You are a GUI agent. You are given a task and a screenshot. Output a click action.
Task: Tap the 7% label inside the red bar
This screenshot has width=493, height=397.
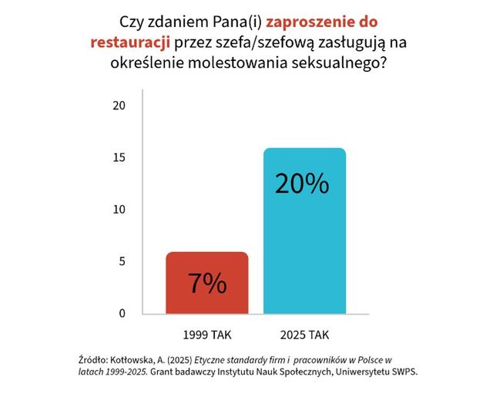(207, 284)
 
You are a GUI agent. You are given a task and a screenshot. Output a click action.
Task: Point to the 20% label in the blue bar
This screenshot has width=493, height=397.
(301, 183)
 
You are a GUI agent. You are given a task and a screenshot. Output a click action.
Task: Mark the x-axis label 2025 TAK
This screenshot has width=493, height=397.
(306, 335)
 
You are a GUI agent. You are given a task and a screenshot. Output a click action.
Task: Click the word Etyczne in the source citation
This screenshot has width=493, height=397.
(215, 360)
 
